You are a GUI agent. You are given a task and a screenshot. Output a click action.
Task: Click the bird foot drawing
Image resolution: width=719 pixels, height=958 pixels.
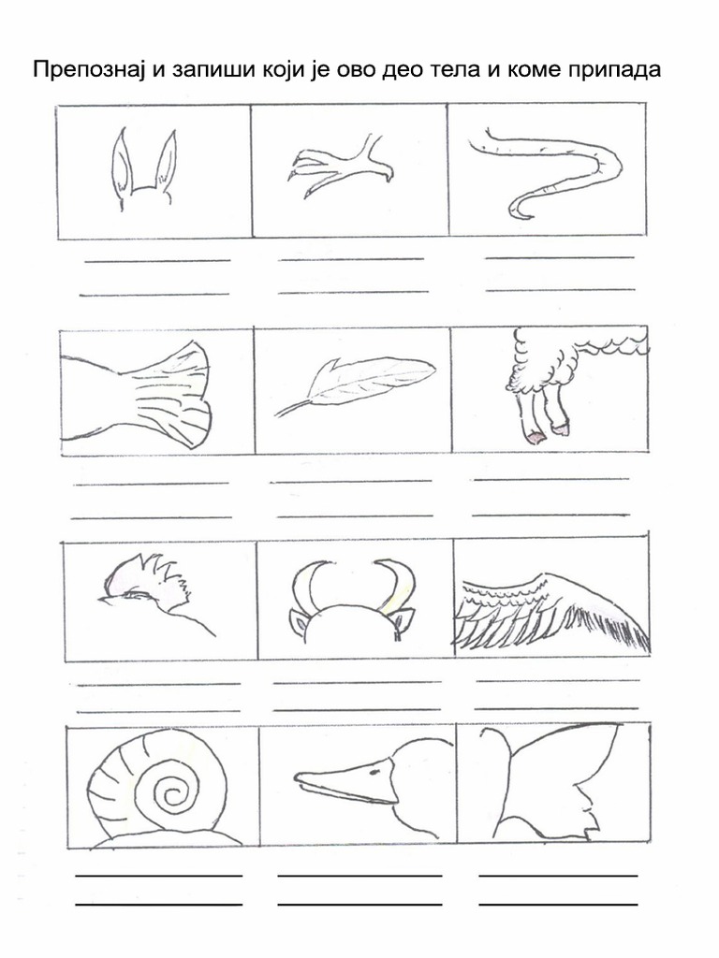pyautogui.click(x=339, y=168)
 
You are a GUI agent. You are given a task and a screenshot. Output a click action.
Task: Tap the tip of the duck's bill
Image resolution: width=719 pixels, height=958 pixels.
pyautogui.click(x=296, y=777)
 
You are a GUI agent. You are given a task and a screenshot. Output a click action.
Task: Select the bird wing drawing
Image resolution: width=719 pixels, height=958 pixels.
pyautogui.click(x=550, y=611)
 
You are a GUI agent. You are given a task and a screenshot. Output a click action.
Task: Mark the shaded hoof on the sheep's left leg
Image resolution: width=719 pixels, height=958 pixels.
pyautogui.click(x=536, y=436)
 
